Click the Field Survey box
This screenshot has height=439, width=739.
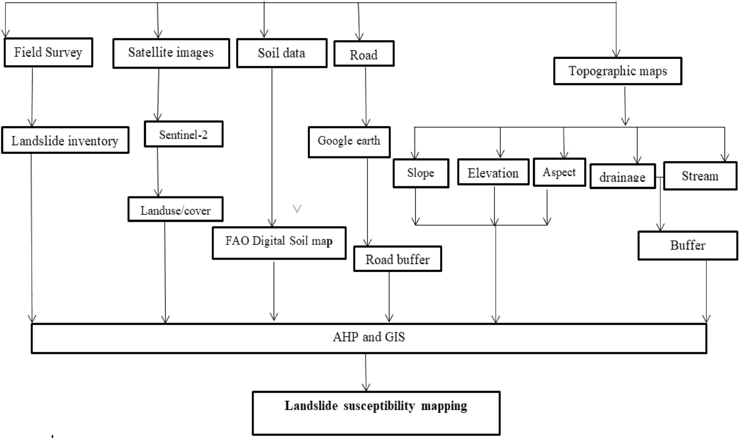click(48, 52)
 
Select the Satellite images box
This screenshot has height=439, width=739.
click(171, 53)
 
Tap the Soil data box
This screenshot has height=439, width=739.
click(281, 53)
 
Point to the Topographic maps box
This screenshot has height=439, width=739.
click(617, 71)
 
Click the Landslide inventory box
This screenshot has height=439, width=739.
click(65, 141)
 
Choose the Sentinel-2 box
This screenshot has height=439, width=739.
click(183, 135)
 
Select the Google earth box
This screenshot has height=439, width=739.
click(349, 142)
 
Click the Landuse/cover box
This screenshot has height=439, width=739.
click(175, 210)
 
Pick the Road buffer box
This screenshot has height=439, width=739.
click(397, 259)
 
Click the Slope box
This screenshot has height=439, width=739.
click(420, 173)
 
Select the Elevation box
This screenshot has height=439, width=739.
click(493, 173)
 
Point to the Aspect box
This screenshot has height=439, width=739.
click(559, 173)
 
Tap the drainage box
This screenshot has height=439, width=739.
click(622, 177)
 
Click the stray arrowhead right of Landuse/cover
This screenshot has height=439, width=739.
click(297, 209)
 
